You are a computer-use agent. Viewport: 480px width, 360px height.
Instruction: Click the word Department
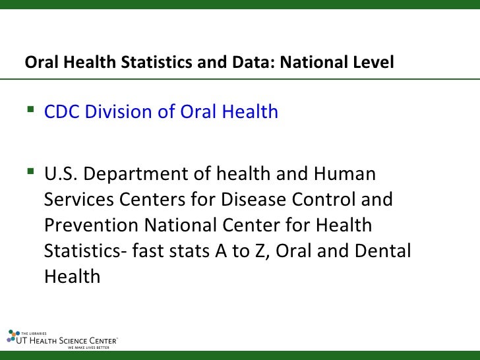[136, 174]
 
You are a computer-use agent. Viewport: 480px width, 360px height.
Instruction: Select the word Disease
[258, 199]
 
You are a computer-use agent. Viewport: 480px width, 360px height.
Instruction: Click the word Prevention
[90, 225]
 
